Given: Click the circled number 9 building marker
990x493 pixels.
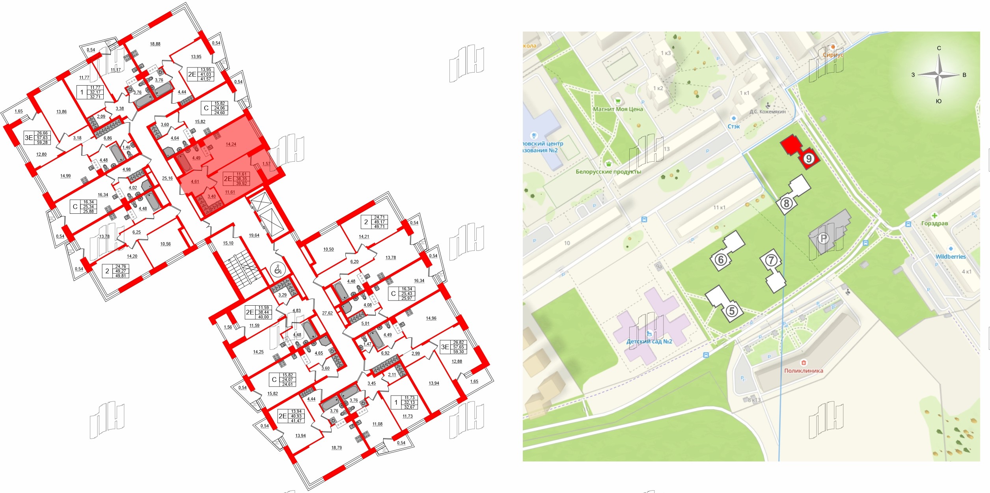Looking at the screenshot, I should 809,159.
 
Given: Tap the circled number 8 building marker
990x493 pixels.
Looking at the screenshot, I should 786,204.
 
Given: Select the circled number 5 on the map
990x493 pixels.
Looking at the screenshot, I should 732,311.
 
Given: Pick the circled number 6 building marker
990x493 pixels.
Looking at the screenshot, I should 721,260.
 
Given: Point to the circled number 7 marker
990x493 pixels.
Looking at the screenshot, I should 771,260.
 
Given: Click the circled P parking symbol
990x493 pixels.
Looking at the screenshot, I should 823,238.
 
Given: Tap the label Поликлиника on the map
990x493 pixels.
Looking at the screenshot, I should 803,371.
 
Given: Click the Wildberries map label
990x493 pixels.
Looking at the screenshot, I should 950,257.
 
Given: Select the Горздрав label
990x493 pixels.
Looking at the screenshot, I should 934,224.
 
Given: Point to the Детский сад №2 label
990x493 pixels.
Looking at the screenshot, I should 649,342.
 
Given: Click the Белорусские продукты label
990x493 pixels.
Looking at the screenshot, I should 608,172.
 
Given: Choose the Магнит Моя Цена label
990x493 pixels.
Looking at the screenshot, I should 618,109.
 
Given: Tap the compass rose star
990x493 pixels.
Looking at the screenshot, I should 939,75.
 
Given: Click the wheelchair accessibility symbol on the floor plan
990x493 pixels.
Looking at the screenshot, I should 278,270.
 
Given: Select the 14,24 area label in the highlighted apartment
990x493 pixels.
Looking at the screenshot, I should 231,144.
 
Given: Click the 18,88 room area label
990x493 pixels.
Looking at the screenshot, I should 155,44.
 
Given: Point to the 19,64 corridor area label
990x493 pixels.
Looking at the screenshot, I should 254,235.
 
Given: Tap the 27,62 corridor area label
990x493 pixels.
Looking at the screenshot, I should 327,313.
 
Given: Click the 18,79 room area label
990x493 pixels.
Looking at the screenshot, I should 336,448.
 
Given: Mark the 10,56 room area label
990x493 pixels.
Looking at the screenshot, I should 165,244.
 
